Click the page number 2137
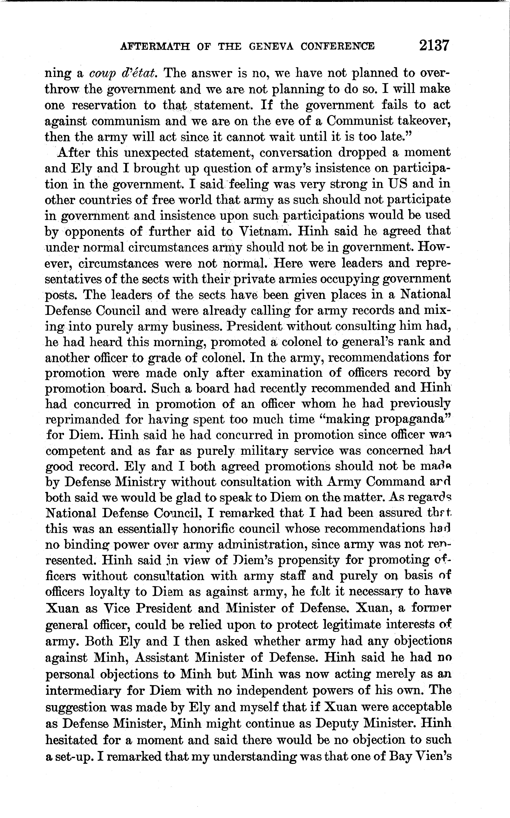coord(434,46)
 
